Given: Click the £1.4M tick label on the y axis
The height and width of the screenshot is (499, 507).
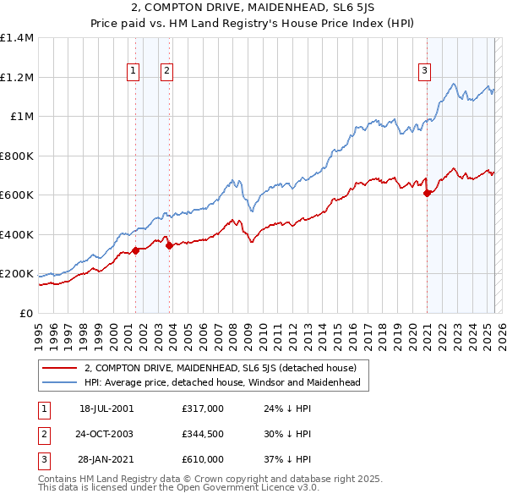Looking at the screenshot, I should click(17, 38).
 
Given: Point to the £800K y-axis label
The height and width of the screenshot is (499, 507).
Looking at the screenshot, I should click(17, 156).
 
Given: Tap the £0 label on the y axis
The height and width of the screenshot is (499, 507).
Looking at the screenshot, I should click(27, 313).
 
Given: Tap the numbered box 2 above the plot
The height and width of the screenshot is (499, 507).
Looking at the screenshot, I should click(167, 72).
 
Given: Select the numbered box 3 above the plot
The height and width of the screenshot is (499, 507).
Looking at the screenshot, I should click(424, 72).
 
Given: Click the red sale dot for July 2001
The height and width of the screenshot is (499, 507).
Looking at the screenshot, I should click(135, 251).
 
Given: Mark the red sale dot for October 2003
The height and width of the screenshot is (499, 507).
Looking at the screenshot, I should click(169, 246).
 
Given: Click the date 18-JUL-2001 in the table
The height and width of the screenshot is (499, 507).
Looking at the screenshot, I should click(106, 409).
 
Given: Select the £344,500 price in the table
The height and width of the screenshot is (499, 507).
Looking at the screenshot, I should click(203, 434).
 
